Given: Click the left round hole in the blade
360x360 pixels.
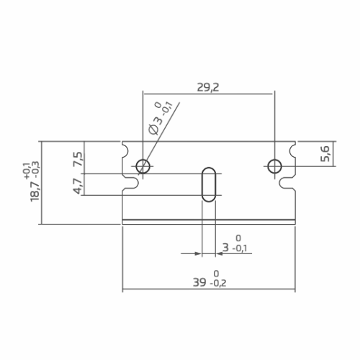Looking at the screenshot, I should (143, 167).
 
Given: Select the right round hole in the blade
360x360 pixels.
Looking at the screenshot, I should (274, 167).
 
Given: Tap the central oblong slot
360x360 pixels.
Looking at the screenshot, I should (208, 185).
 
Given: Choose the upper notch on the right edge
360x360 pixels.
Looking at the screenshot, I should (292, 153).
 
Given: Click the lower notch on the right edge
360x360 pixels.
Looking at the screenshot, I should (290, 185).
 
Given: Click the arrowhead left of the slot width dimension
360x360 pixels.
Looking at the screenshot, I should (198, 253).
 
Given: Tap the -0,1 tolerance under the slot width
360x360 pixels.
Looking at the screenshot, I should (240, 249).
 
